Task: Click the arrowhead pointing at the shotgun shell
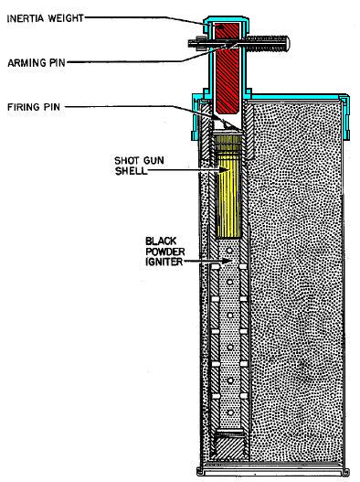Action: pos(217,168)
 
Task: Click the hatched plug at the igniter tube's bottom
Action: pos(228,449)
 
